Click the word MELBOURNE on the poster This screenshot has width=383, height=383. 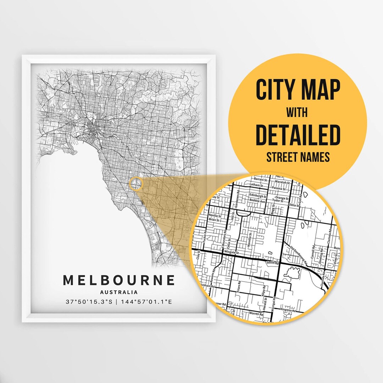(119, 280)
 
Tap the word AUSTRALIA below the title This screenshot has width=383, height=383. (119, 293)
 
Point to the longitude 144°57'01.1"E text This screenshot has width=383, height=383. (147, 302)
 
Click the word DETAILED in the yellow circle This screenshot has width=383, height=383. (298, 135)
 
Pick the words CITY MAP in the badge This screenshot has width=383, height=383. (298, 90)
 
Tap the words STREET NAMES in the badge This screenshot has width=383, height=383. (298, 157)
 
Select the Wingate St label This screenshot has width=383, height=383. (231, 252)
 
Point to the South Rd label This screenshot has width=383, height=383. (273, 263)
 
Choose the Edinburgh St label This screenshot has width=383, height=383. (258, 196)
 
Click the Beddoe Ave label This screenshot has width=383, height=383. (257, 201)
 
